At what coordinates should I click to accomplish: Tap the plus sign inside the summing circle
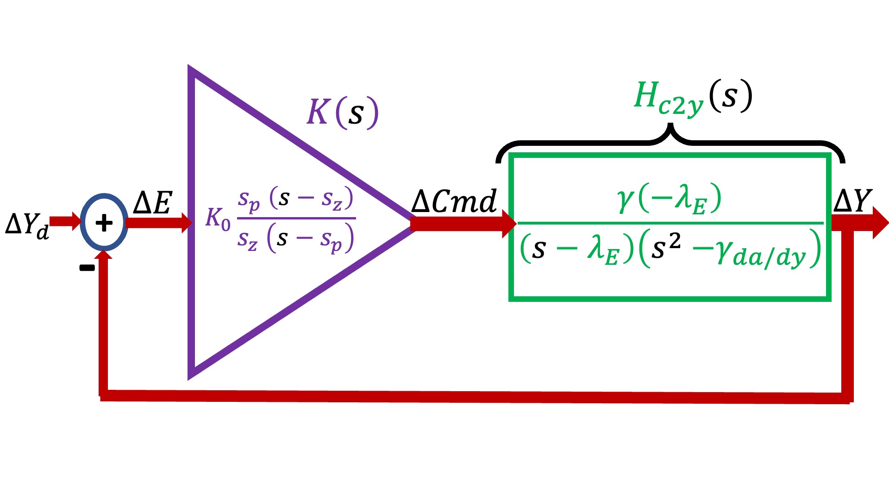(104, 223)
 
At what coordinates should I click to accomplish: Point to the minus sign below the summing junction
(87, 268)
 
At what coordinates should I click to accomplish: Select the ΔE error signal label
(153, 203)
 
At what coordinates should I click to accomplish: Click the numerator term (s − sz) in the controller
(311, 198)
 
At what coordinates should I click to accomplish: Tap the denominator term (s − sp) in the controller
(310, 239)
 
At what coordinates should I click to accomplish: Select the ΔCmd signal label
(454, 202)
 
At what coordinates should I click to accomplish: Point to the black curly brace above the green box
(670, 139)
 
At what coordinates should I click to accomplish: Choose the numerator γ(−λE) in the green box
(669, 199)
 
